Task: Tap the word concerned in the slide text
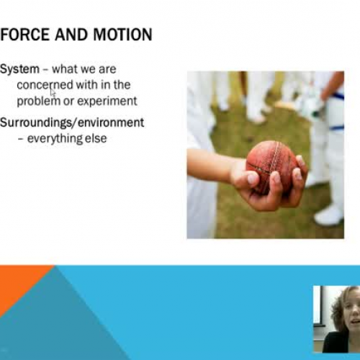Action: [x=45, y=85]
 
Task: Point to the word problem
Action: [x=37, y=101]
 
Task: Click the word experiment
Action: [x=107, y=101]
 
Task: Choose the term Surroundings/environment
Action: [x=72, y=122]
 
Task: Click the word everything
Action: [x=55, y=138]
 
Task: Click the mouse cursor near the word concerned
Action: [x=53, y=92]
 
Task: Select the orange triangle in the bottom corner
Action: [x=18, y=284]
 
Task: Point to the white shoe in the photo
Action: [x=329, y=215]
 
